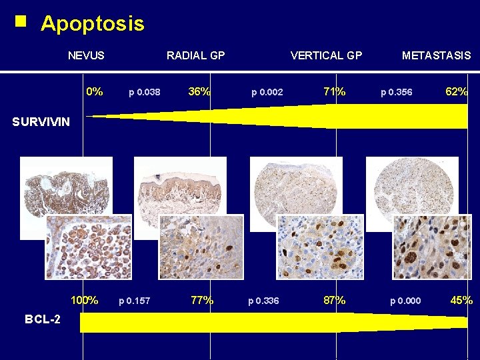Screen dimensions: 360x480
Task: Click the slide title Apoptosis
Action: click(92, 24)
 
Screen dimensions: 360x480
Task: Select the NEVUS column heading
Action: click(86, 55)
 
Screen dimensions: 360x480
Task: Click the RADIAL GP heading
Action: click(195, 55)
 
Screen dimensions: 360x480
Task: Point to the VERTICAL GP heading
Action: click(326, 55)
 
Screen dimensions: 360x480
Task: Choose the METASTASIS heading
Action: click(436, 55)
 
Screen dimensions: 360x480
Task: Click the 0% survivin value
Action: click(95, 92)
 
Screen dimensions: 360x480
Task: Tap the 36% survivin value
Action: click(199, 92)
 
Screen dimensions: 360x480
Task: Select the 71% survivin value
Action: click(334, 92)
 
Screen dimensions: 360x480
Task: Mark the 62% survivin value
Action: click(457, 92)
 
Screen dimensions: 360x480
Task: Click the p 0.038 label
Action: click(144, 93)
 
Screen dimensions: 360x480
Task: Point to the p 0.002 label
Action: click(267, 93)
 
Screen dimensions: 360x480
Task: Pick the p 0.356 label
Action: click(396, 93)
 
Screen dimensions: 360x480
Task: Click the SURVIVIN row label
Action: click(41, 122)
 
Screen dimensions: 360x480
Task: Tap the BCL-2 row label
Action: click(42, 319)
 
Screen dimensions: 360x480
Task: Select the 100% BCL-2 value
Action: click(85, 301)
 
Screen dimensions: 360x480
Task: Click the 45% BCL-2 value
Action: click(461, 301)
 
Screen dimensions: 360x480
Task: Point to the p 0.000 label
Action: click(405, 301)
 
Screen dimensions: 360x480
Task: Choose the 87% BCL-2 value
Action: click(334, 301)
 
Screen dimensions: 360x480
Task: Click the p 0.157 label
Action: click(134, 301)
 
